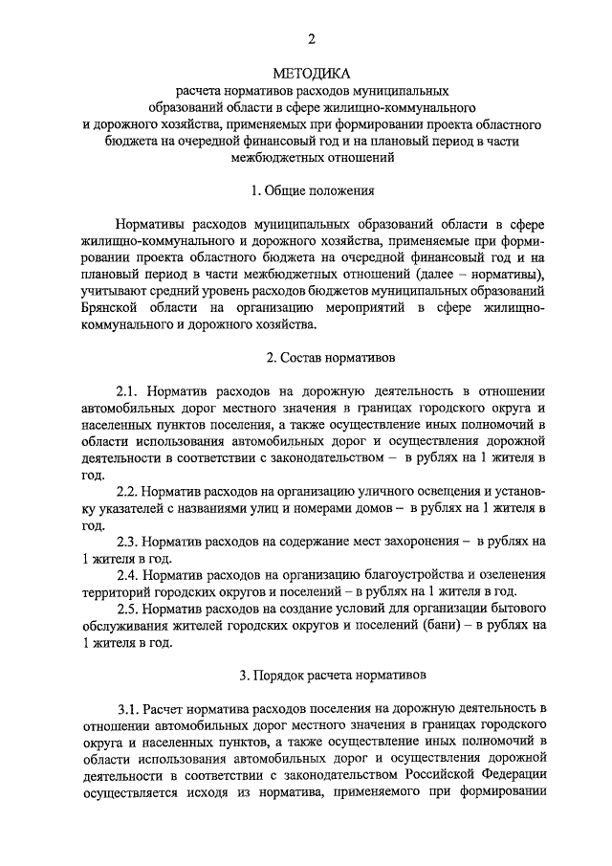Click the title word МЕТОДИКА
click(x=312, y=73)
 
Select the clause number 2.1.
click(x=128, y=391)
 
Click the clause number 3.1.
click(x=128, y=709)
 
